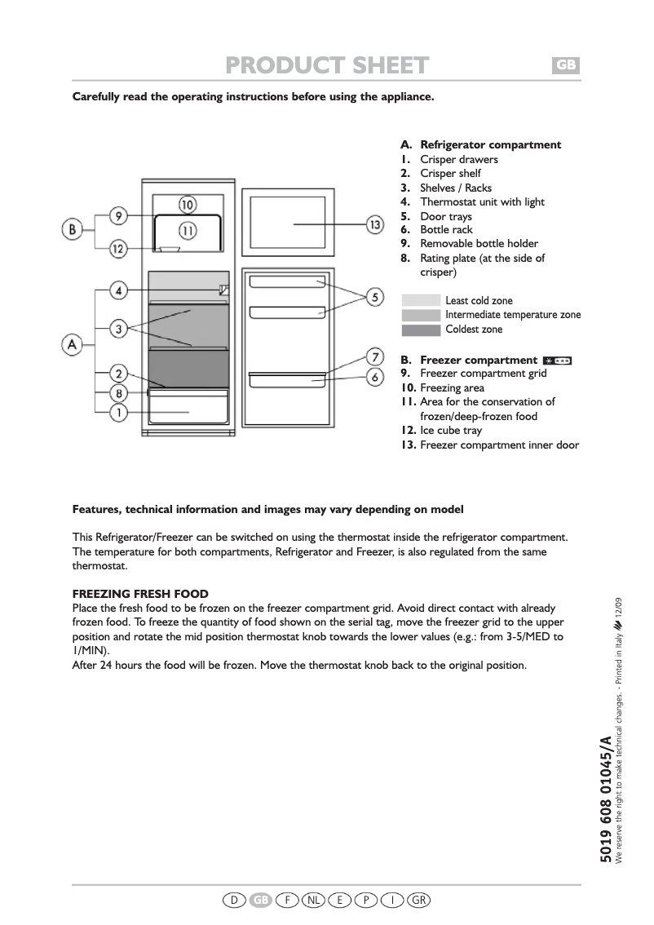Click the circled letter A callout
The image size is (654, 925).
pos(73,345)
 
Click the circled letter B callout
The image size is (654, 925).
pos(73,231)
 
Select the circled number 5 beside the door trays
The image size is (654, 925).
pos(374,297)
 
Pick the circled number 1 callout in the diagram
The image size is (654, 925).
pos(118,413)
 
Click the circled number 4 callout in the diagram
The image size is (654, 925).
pos(118,290)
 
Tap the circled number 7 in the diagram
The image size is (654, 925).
pos(374,356)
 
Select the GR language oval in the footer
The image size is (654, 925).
pos(418,900)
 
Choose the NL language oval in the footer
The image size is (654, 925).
pos(313,900)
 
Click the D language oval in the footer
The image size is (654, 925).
pos(234,900)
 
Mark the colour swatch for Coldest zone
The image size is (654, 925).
pos(422,330)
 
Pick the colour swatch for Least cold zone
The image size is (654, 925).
pos(422,301)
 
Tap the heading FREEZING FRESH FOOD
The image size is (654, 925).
pos(140,594)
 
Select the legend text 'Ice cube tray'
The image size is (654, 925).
pos(451,431)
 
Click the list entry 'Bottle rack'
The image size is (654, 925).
pos(446,230)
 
